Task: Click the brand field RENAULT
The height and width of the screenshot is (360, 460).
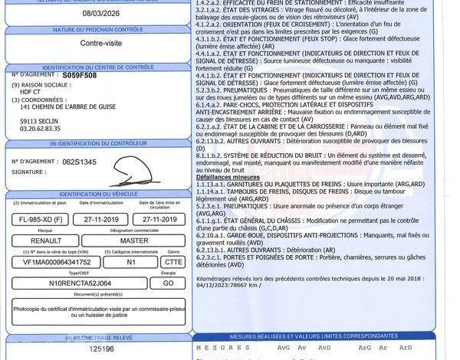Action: pyautogui.click(x=43, y=241)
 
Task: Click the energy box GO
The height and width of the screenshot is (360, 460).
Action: pyautogui.click(x=163, y=282)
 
